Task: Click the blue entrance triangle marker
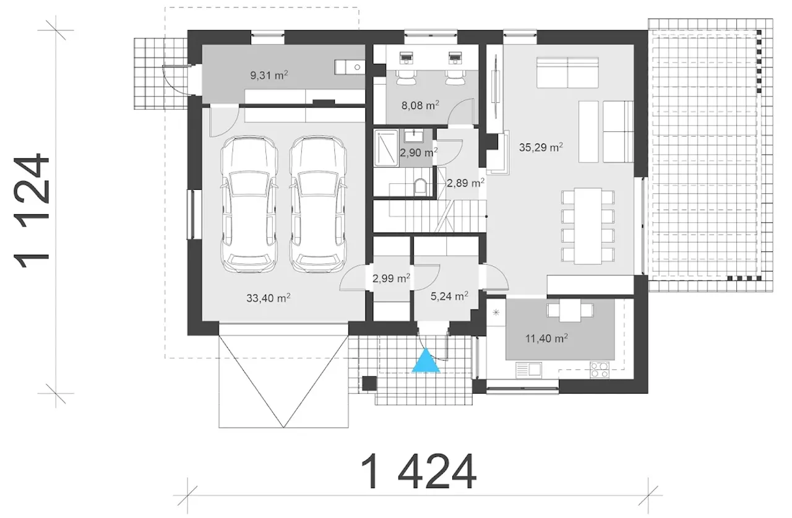426,361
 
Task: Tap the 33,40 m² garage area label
269,298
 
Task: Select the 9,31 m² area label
269,76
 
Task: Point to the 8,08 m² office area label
420,105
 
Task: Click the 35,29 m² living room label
541,147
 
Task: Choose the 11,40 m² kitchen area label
546,339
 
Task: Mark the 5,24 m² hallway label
449,296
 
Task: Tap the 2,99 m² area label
391,278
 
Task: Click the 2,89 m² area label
465,183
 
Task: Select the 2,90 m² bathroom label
419,153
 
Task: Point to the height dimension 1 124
31,210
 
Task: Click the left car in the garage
249,204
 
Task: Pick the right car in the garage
318,204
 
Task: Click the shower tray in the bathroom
387,148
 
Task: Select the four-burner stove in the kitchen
600,370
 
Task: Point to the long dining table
588,227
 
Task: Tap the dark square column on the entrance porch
369,384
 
